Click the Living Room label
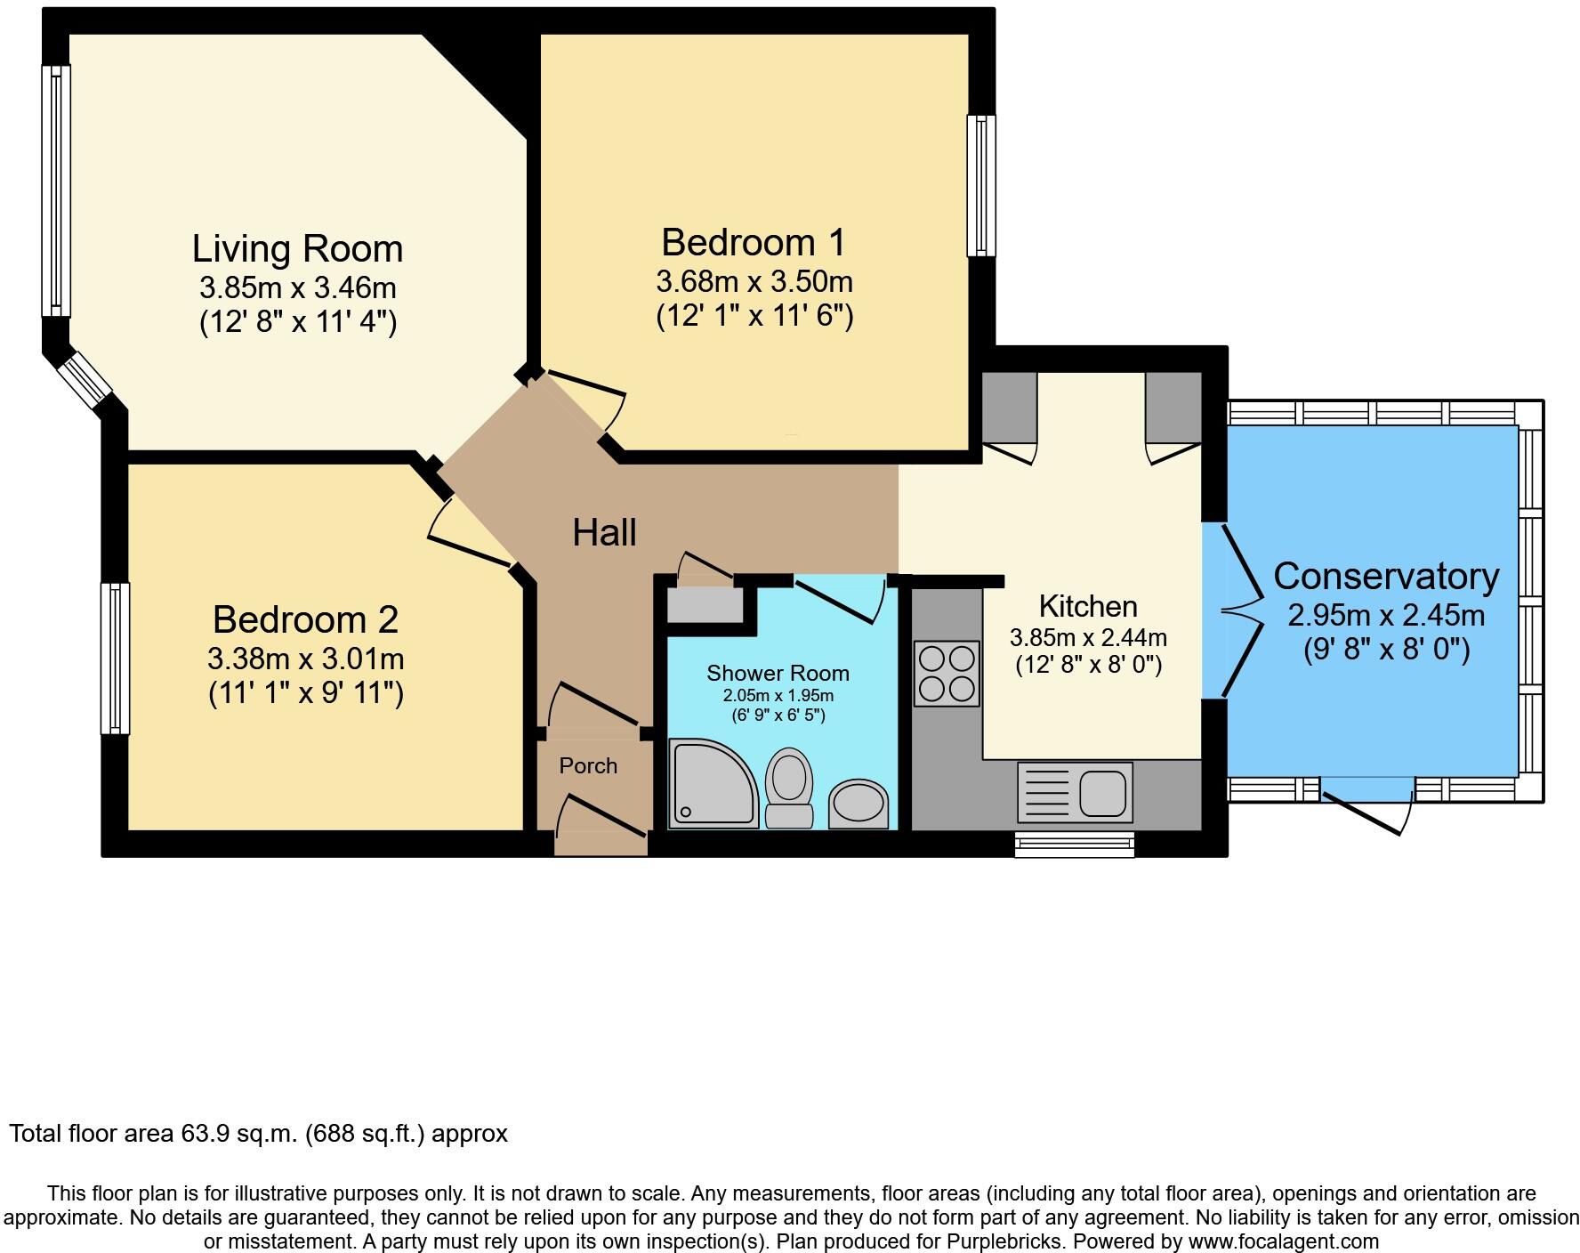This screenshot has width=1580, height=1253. [x=297, y=248]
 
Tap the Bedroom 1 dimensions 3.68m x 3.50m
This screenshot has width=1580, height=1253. [x=754, y=281]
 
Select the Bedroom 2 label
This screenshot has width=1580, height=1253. [x=305, y=619]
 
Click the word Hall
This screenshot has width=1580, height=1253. [x=604, y=533]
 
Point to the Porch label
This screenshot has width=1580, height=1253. [x=588, y=765]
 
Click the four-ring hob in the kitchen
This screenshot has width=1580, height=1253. [x=947, y=674]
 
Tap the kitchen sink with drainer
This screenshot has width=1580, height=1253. [x=1075, y=791]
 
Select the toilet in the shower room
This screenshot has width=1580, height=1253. [x=789, y=786]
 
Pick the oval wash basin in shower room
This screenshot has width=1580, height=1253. [x=859, y=803]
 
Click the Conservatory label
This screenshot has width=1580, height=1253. [x=1386, y=576]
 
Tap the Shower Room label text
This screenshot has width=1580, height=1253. [x=778, y=673]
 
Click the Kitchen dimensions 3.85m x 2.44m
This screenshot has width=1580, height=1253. [x=1088, y=637]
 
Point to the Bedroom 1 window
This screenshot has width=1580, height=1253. [x=981, y=186]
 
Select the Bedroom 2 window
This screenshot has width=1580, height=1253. [x=115, y=658]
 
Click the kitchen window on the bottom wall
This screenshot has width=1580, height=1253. [x=1075, y=843]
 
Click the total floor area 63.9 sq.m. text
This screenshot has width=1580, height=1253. [x=258, y=1134]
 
